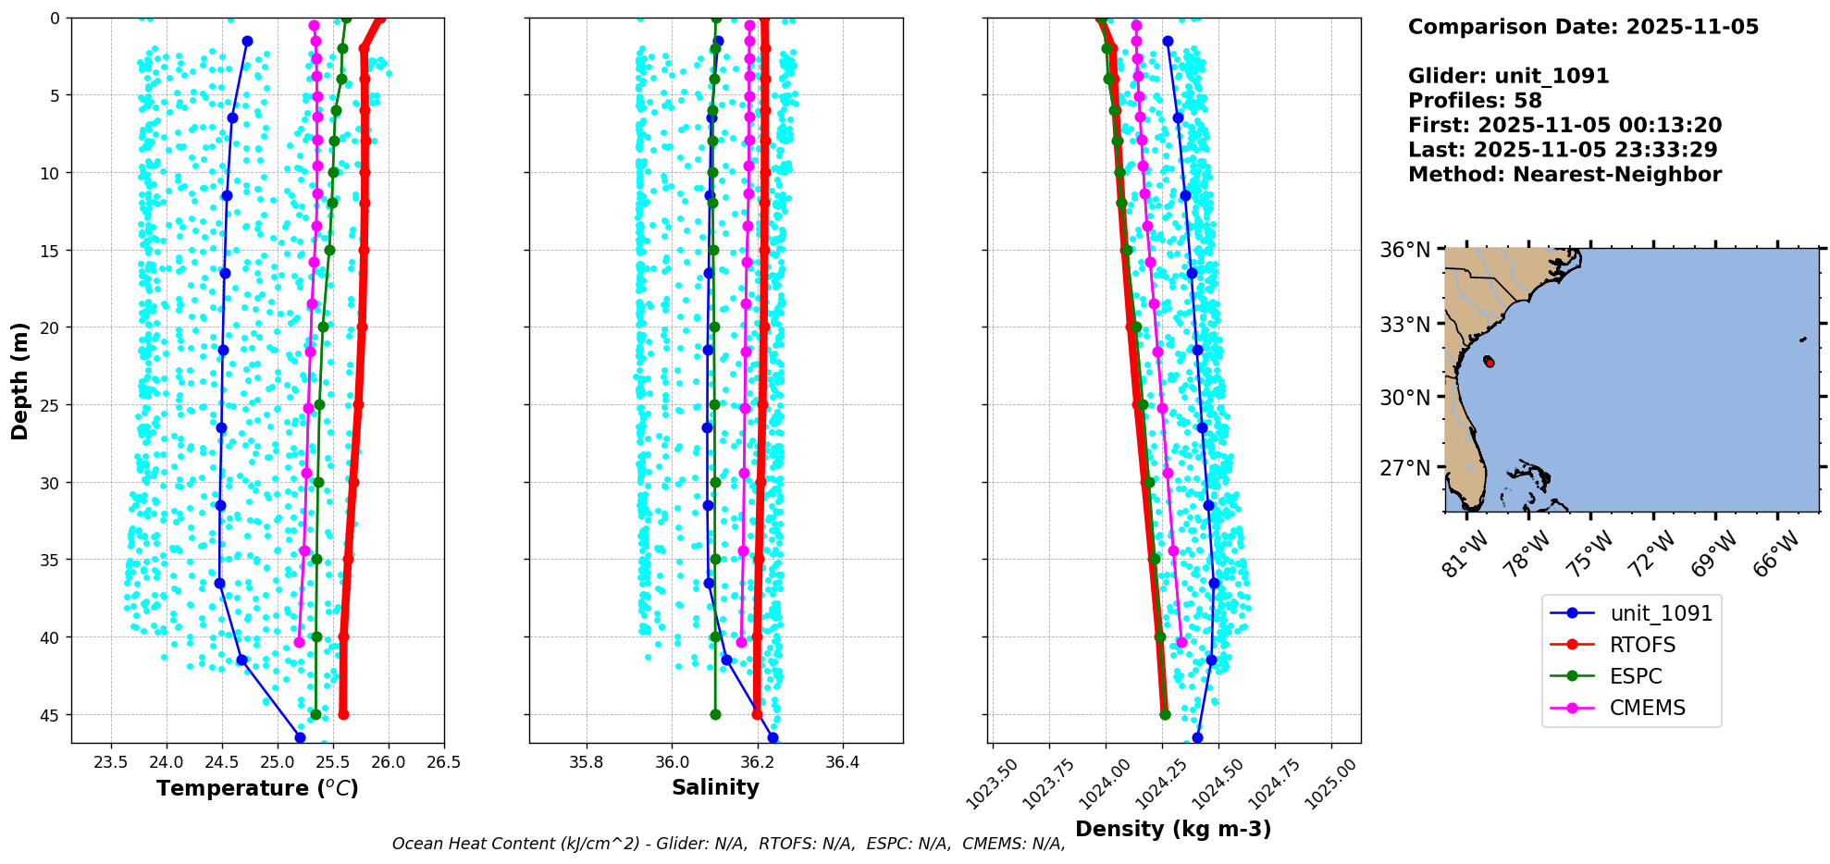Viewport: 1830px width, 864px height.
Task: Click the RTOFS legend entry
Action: click(1641, 645)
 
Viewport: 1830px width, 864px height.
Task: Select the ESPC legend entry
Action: click(1636, 676)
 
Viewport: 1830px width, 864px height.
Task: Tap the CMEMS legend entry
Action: click(1647, 708)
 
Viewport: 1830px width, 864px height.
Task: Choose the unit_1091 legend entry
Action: click(1661, 613)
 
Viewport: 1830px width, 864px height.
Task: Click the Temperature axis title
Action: click(257, 788)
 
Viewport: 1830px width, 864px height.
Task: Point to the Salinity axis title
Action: click(715, 787)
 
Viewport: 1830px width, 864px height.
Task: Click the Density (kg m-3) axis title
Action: click(1173, 829)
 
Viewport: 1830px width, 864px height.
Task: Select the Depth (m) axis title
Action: click(20, 380)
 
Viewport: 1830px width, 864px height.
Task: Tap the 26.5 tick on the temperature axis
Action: click(444, 763)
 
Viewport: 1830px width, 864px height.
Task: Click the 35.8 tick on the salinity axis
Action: click(586, 763)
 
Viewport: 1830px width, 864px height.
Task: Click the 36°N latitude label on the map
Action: click(1405, 250)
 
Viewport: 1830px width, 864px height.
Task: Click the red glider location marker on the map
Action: click(1489, 362)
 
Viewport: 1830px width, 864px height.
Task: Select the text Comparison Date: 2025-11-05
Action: click(1583, 27)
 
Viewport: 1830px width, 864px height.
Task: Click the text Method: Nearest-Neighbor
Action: click(1564, 175)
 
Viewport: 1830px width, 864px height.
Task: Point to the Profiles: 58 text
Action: click(1475, 101)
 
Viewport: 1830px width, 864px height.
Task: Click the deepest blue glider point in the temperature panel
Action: click(300, 737)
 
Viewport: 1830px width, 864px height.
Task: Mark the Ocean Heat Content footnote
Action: click(728, 844)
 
